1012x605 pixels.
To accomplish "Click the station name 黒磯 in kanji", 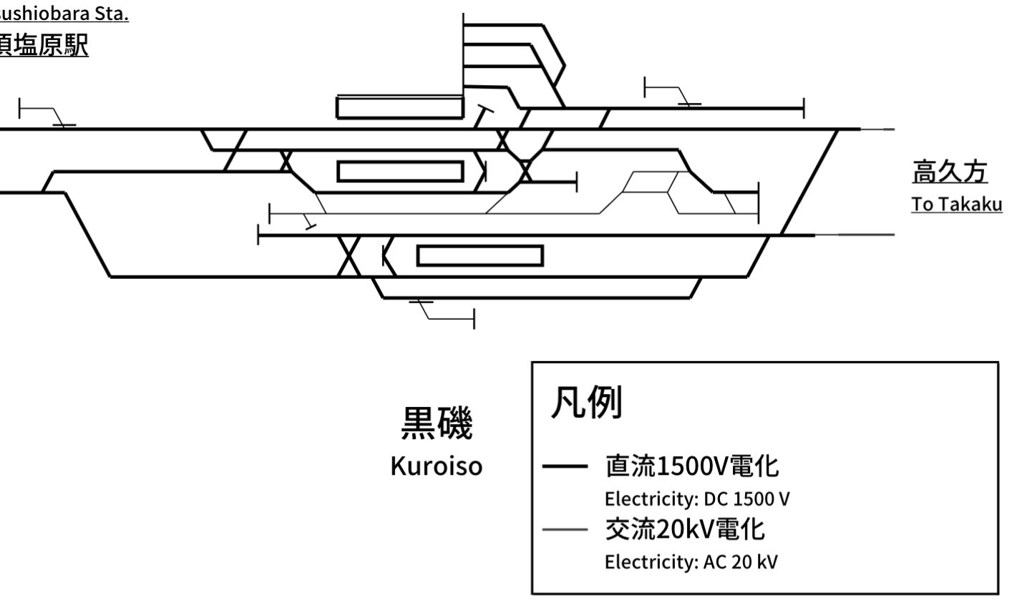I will pos(436,424).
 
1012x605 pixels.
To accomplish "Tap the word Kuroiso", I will pos(436,466).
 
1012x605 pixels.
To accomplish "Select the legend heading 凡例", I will pos(585,403).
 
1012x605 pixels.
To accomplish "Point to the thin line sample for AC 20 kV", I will pos(565,530).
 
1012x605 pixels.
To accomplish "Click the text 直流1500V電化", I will pos(691,467).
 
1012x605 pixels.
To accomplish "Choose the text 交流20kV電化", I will pos(684,530).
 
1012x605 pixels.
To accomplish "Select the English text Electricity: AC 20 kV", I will pos(691,561).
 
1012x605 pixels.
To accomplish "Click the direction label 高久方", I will pos(950,172).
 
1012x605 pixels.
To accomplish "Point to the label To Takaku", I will pos(956,205).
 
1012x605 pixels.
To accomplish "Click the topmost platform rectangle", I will pos(400,108).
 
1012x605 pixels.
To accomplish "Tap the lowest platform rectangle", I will pos(480,255).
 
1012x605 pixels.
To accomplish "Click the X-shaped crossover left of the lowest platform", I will pos(349,256).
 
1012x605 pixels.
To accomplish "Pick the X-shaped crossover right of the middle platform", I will pos(525,171).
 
